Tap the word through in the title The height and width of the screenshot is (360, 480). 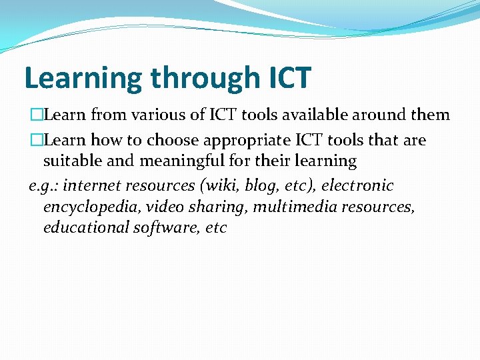[x=203, y=77]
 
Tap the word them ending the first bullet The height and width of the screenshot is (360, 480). [x=431, y=115]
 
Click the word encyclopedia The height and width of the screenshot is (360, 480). [x=90, y=207]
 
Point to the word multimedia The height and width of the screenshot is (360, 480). [x=293, y=207]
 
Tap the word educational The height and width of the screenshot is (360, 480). [x=84, y=227]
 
